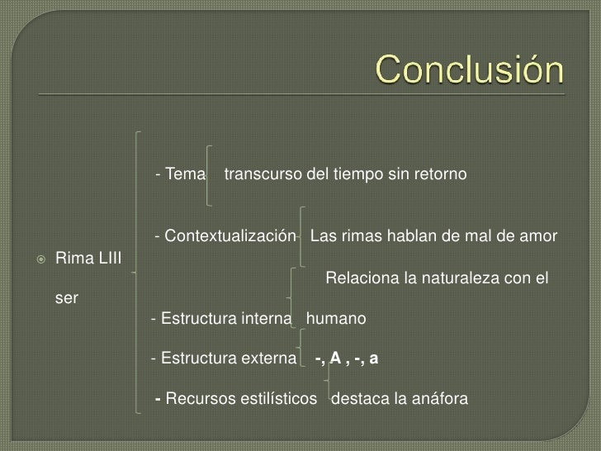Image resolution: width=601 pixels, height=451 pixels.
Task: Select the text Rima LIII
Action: (88, 260)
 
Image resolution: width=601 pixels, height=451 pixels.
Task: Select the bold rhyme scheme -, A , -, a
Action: (347, 358)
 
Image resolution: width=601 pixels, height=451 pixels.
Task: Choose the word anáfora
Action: (438, 400)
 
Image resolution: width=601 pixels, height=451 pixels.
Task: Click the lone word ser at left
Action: (66, 298)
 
